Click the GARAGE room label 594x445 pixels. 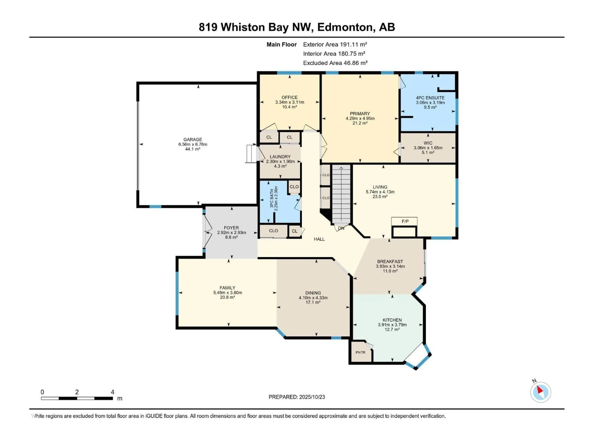coord(193,140)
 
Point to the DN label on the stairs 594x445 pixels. coord(341,228)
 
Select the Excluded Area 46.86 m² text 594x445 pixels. coord(335,63)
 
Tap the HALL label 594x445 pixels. coord(319,239)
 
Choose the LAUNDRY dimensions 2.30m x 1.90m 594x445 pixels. coord(280,161)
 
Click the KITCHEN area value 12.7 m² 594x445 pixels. coord(392,329)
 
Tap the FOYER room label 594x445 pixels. coord(231,228)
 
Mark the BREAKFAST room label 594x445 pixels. coord(390,262)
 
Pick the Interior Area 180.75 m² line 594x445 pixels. coord(334,54)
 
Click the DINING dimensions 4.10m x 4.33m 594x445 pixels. coord(313,298)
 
